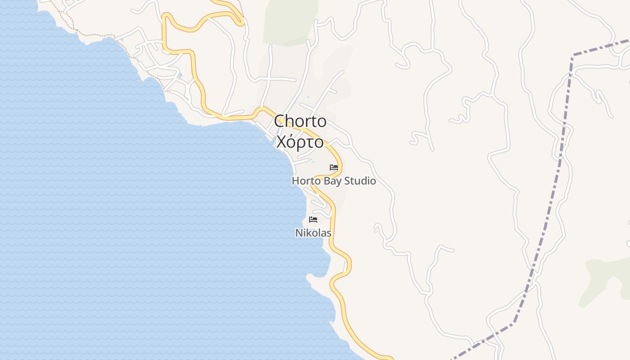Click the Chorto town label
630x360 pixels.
coord(300,121)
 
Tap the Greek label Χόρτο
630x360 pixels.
coord(300,142)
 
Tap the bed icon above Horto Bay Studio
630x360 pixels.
coord(334,167)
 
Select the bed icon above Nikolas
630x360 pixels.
coord(313,220)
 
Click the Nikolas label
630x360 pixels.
coord(313,233)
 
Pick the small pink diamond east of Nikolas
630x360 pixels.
coord(375,231)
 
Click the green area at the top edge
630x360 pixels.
coord(290,20)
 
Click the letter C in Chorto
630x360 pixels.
coord(280,121)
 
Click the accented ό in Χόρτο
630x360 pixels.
coord(292,141)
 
